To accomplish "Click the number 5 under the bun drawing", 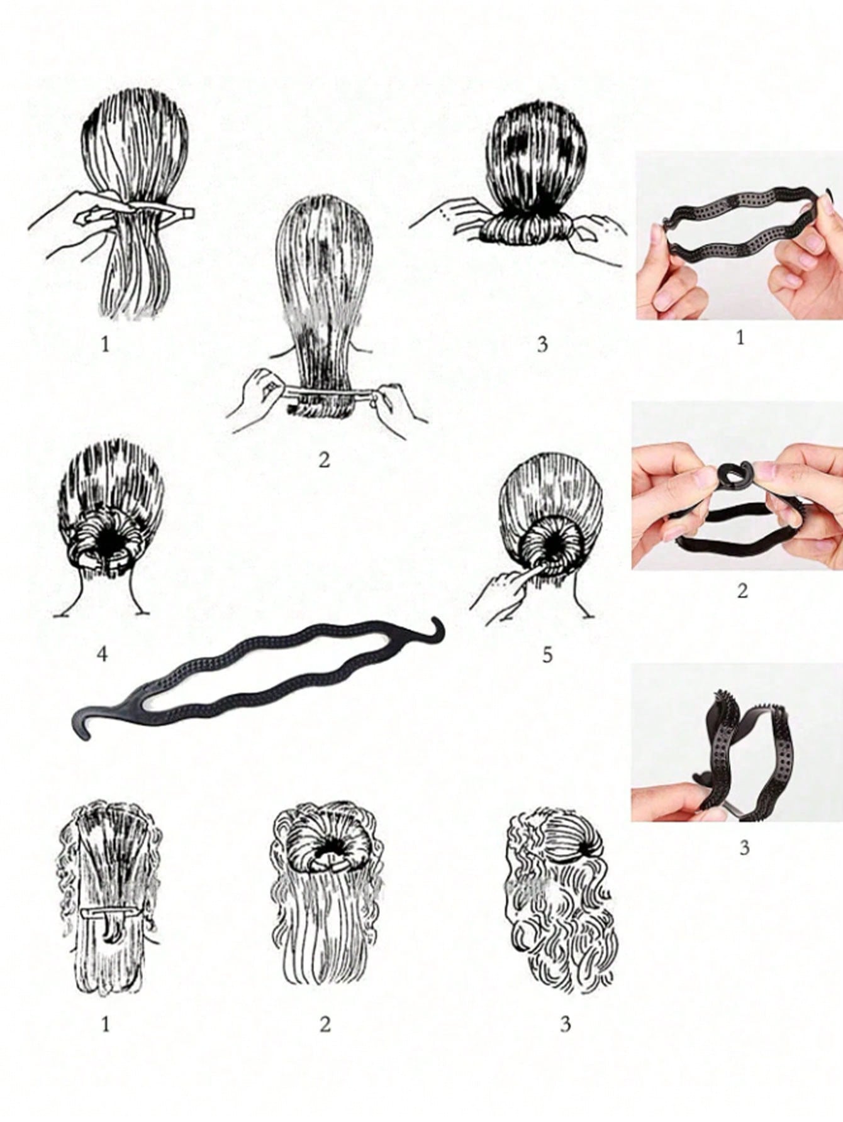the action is [x=547, y=655].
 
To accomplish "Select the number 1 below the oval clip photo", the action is [x=740, y=338].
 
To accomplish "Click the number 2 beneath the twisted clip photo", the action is [x=742, y=591].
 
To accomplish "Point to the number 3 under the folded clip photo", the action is [x=744, y=847].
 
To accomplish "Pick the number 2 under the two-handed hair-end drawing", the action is [x=324, y=459].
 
